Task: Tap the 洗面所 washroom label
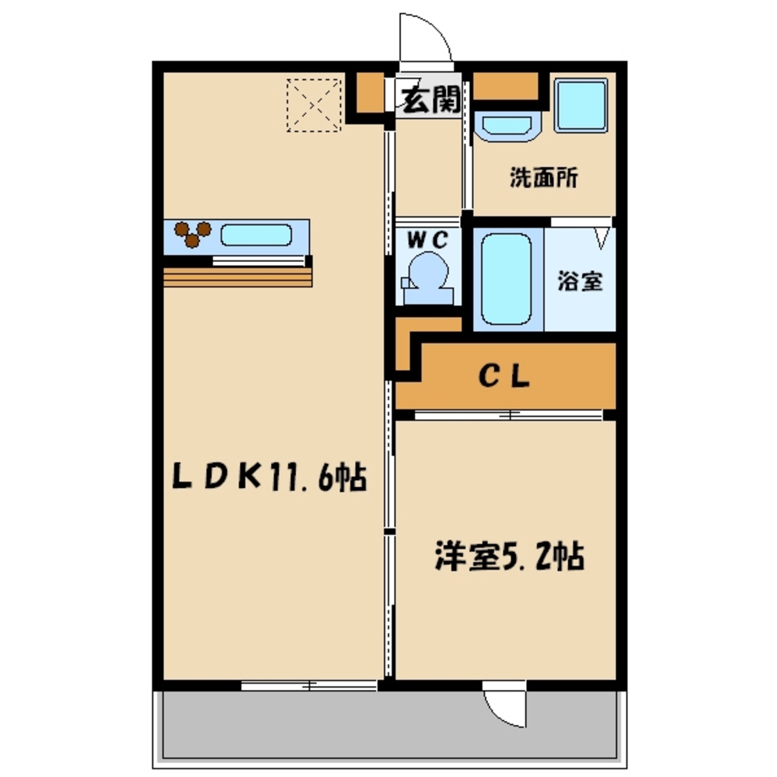[x=543, y=178]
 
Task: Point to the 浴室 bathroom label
[x=580, y=281]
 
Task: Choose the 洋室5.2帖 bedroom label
[x=508, y=557]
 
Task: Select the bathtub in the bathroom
[x=506, y=278]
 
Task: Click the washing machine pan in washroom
[x=580, y=106]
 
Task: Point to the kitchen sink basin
[x=256, y=235]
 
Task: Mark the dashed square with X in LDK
[x=313, y=104]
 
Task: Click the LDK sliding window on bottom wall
[x=308, y=685]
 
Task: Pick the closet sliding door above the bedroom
[x=509, y=415]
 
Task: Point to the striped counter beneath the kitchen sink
[x=237, y=277]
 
